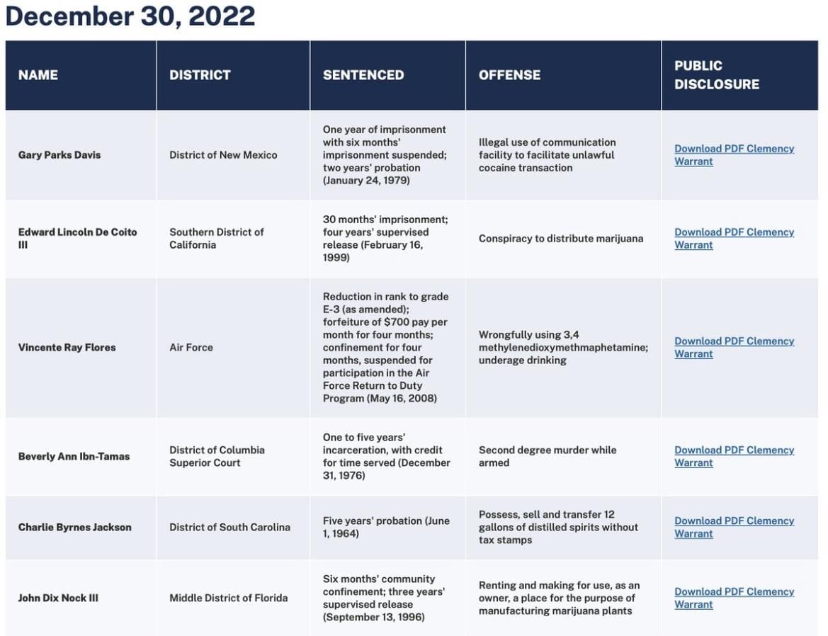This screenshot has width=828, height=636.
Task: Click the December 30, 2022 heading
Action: point(130,16)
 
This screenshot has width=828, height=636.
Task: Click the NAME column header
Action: point(38,75)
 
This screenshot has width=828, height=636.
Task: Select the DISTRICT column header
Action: point(200,75)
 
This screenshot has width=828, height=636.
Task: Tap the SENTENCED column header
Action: point(363,75)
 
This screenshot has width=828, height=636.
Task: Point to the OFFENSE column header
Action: point(509,75)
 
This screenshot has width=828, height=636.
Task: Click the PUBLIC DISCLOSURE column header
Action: point(717,75)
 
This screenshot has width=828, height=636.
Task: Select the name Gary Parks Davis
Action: point(59,154)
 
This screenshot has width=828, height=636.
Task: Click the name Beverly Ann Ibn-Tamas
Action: point(74,456)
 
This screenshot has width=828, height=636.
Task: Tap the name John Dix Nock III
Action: point(58,598)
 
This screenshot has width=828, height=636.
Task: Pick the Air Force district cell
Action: point(191,347)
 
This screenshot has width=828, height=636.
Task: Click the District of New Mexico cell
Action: point(223,154)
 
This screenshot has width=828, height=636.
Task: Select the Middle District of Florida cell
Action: point(229,598)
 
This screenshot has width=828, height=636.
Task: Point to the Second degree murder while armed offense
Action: point(548,456)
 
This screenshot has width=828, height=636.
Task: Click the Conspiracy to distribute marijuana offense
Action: point(561,239)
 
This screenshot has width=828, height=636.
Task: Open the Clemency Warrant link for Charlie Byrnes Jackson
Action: point(734,527)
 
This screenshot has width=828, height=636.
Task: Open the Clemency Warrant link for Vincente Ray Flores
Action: point(734,347)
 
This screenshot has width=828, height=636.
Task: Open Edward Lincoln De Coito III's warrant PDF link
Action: point(734,239)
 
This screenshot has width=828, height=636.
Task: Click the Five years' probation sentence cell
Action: point(386,527)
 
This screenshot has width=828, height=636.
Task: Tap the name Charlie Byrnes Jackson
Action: point(75,527)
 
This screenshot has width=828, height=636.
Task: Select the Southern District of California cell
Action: point(217,239)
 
